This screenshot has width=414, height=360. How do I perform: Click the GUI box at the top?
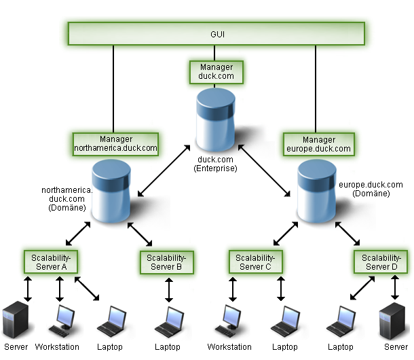[x=215, y=33]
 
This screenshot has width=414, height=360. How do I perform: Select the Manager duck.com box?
[x=216, y=72]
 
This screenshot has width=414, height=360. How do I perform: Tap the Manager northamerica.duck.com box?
[x=115, y=143]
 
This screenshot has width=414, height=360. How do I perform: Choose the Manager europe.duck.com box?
[x=318, y=143]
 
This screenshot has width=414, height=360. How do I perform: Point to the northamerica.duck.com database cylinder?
[x=111, y=190]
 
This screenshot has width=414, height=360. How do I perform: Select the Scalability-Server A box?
[x=51, y=262]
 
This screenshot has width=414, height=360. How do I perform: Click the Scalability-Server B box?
[x=166, y=262]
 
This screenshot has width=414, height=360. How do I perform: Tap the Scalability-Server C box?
[x=254, y=262]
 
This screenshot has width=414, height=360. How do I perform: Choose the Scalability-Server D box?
[x=380, y=262]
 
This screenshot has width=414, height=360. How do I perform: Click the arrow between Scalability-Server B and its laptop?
[x=167, y=289]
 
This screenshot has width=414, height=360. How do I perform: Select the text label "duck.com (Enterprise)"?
[x=216, y=163]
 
